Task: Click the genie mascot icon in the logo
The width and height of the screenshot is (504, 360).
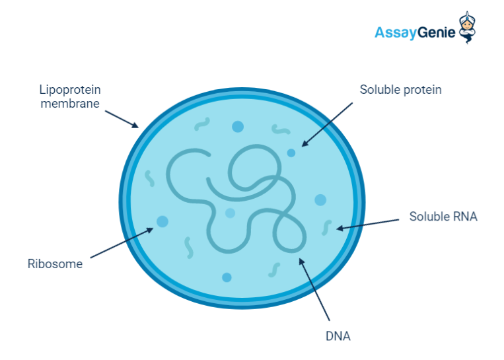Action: point(467,28)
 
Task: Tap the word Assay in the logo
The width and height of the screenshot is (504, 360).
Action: point(396,33)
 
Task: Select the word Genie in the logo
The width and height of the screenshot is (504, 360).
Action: point(437,32)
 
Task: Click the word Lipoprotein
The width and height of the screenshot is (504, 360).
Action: point(70,90)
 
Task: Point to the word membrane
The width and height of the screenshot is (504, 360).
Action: point(70,104)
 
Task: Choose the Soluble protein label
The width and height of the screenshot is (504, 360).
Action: point(400,90)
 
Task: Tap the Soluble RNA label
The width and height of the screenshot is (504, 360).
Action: point(443,216)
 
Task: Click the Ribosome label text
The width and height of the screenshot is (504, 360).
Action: point(55,264)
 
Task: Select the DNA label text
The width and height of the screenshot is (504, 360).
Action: point(338,336)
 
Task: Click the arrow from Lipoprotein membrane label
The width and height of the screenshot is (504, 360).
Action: point(122,120)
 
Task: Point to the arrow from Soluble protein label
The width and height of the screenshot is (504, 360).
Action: point(327,125)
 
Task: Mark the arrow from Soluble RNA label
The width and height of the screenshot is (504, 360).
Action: point(367,225)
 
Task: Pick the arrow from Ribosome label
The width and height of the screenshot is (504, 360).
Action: point(122,242)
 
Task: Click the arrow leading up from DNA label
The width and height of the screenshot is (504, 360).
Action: point(314,289)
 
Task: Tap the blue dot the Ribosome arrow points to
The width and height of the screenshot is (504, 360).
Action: point(162,221)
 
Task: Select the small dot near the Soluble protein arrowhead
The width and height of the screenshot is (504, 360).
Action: point(291,153)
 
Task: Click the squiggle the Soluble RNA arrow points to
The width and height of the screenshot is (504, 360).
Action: point(326,228)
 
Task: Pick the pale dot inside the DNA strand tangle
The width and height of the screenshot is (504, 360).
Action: point(230,213)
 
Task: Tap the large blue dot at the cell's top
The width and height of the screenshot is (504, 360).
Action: point(238,127)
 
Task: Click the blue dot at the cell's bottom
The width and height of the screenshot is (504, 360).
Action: point(227,277)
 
